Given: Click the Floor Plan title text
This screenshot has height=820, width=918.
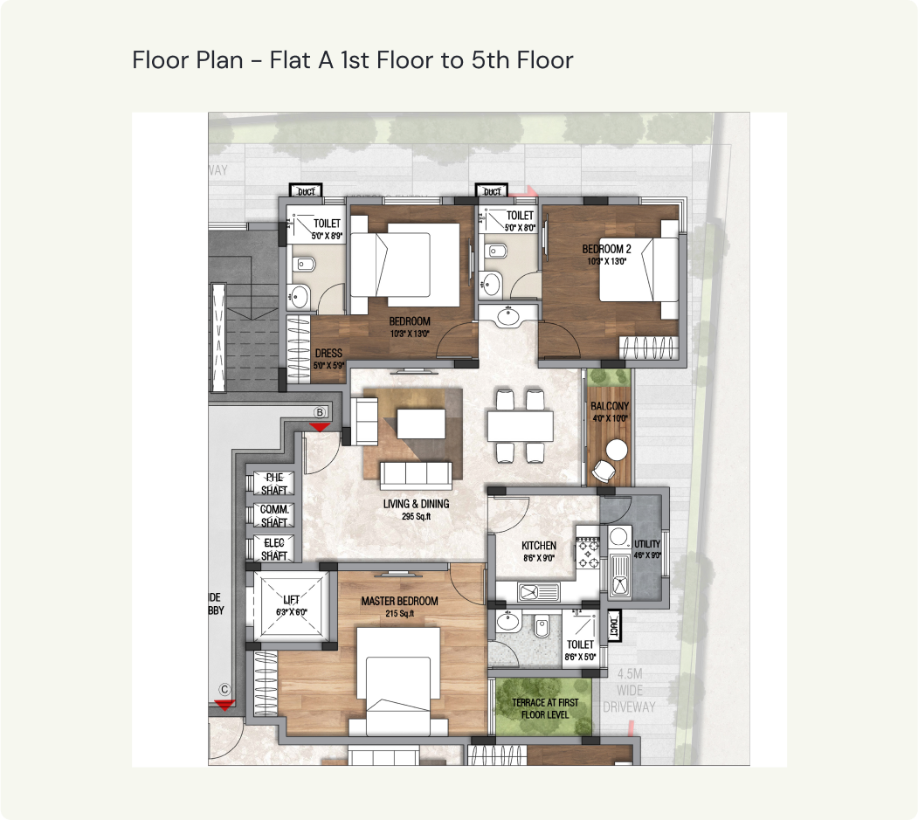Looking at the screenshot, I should click(352, 60).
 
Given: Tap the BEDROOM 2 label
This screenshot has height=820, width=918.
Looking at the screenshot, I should click(607, 250).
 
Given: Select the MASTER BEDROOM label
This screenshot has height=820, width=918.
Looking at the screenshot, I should click(399, 602).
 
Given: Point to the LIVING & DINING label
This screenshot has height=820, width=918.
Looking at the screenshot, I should click(416, 504).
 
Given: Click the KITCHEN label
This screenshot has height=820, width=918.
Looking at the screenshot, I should click(538, 546).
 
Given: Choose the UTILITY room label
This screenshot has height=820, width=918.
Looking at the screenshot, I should click(647, 544).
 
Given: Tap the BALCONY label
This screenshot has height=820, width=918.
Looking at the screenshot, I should click(609, 407).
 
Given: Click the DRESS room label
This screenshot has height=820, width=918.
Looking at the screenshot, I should click(328, 354).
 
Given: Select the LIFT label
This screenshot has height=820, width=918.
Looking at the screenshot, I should click(291, 600).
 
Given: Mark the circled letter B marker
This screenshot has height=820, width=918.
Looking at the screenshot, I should click(320, 412).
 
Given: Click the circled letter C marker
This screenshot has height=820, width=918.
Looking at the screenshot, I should click(224, 689).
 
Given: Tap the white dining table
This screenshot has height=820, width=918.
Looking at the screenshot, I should click(520, 426).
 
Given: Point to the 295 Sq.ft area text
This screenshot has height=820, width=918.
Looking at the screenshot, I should click(416, 517).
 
